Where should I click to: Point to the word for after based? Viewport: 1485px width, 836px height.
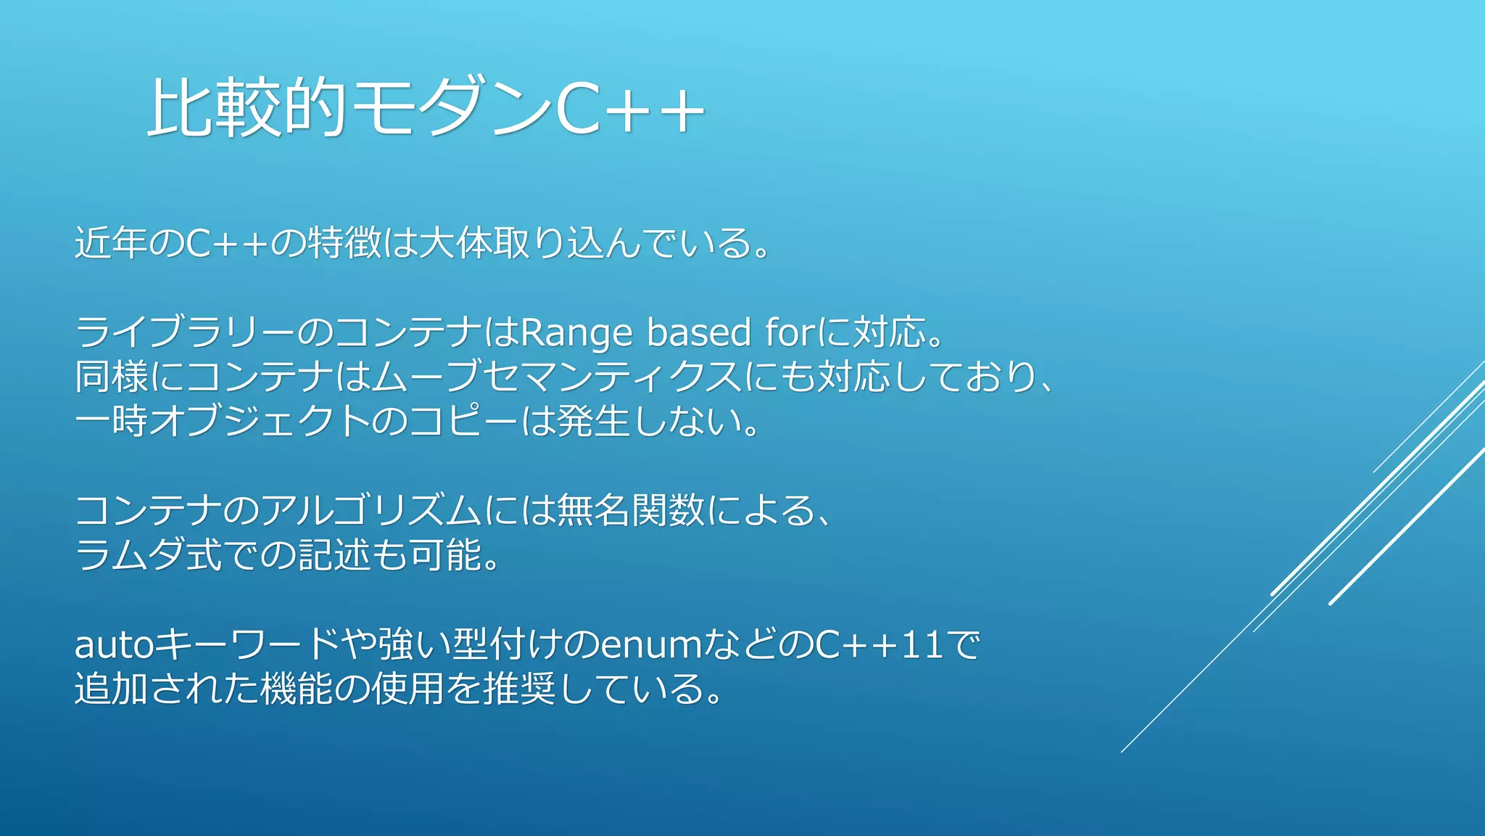click(x=791, y=333)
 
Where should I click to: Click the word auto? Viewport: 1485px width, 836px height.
click(x=115, y=644)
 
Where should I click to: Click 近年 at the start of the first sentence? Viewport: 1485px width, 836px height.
click(x=111, y=243)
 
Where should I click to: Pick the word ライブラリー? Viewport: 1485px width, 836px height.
click(x=185, y=333)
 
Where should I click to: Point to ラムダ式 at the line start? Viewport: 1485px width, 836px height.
click(x=148, y=555)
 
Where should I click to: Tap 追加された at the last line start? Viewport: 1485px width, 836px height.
click(x=167, y=689)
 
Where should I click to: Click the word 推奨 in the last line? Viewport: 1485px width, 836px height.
click(x=519, y=689)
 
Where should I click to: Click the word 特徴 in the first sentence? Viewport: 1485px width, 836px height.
click(x=344, y=243)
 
